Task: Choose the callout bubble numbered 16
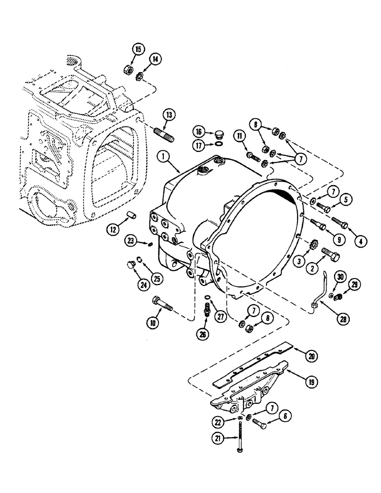click(x=199, y=133)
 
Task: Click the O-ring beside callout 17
click(x=217, y=144)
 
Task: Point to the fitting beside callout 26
click(x=208, y=308)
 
